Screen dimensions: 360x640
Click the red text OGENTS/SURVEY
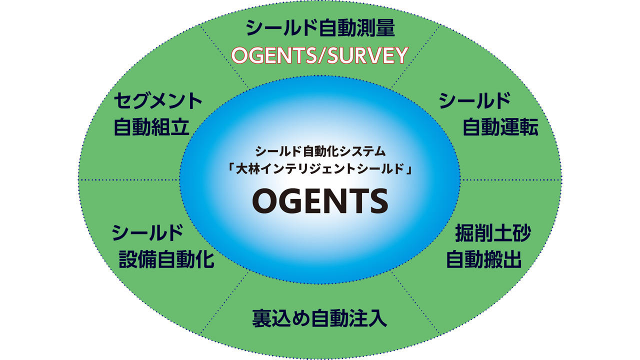[x=320, y=55]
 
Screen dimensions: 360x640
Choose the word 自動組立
[x=152, y=127]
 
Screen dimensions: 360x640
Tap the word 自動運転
[x=500, y=127]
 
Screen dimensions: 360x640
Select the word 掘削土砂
[x=492, y=233]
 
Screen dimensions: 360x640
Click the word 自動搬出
[x=483, y=259]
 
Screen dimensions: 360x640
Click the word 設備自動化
[x=166, y=259]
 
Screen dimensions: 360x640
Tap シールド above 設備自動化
[x=146, y=232]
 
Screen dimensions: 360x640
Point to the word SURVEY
[x=367, y=55]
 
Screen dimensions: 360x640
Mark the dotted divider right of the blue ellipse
[x=510, y=179]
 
